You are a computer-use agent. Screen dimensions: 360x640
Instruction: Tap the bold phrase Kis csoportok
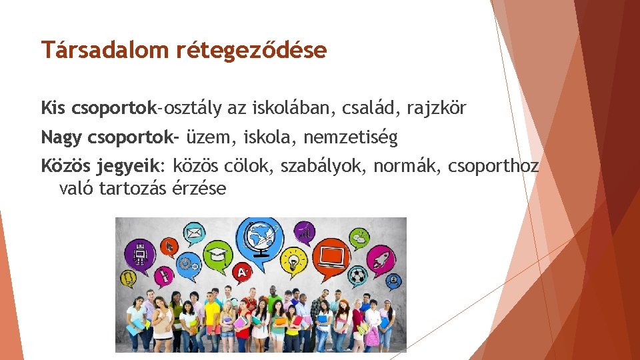click(x=98, y=107)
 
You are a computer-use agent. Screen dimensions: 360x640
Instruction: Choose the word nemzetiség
click(x=350, y=138)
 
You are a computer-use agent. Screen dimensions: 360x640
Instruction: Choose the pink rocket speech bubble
click(x=384, y=255)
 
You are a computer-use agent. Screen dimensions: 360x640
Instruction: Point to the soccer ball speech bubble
click(x=359, y=274)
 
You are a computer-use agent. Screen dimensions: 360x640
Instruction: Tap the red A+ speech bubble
click(x=243, y=272)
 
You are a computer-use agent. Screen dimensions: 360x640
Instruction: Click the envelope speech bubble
click(x=194, y=234)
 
